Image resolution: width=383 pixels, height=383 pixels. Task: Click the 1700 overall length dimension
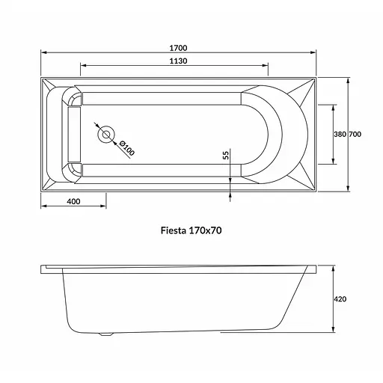point(178,48)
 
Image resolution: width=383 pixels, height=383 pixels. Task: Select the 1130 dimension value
point(178,61)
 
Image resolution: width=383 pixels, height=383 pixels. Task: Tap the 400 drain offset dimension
point(73,201)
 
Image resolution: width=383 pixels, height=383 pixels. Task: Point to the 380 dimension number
point(340,135)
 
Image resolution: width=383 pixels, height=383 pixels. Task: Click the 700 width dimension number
point(355,135)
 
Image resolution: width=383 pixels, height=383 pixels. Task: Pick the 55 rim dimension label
point(226,155)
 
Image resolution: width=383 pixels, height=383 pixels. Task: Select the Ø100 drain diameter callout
point(127,148)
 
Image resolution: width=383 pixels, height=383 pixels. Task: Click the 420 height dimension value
point(340,299)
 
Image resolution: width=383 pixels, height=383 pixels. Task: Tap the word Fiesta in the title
point(174,230)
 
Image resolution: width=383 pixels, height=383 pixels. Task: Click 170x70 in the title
point(205,230)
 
